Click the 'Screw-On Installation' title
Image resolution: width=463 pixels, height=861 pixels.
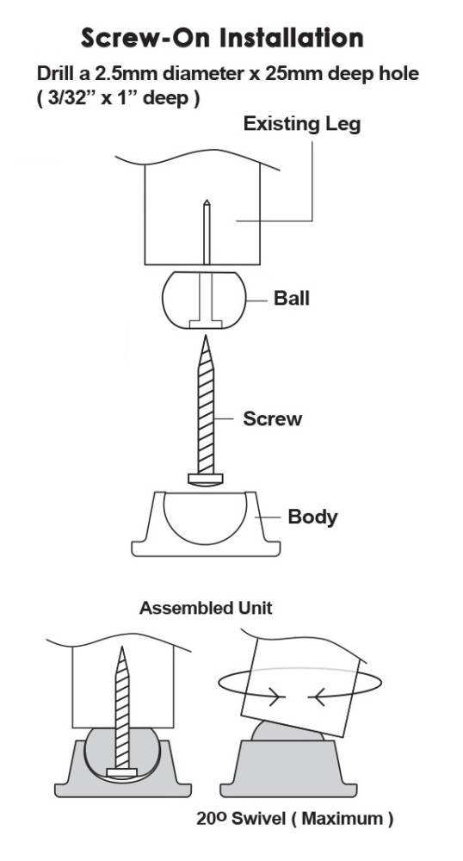[x=222, y=39]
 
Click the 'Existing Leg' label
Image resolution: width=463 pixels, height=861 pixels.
[x=302, y=123]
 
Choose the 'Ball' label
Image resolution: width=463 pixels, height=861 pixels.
[x=291, y=298]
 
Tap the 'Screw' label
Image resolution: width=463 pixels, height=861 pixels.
[x=273, y=419]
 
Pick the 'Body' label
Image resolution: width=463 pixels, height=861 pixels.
[x=312, y=517]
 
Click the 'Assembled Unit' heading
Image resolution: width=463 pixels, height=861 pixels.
[x=206, y=608]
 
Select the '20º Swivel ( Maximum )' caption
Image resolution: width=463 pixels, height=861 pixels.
[x=295, y=819]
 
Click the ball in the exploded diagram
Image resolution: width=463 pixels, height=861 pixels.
[x=205, y=300]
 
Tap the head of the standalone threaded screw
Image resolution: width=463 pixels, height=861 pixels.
[x=206, y=479]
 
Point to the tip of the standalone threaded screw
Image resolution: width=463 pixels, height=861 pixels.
[x=206, y=336]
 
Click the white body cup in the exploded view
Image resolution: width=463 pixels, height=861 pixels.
[x=206, y=523]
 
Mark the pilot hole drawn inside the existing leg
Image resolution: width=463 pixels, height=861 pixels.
[x=207, y=232]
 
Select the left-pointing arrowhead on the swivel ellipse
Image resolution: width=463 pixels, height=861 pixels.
[x=317, y=697]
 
